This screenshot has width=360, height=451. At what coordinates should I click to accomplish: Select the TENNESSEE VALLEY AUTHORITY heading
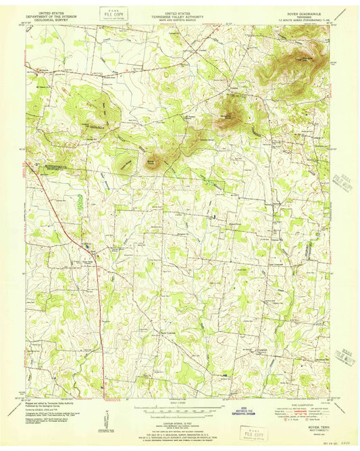[x=180, y=16]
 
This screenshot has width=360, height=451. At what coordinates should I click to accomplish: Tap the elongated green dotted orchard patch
[x=80, y=201]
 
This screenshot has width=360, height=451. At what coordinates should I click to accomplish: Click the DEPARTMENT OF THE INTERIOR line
[x=53, y=16]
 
